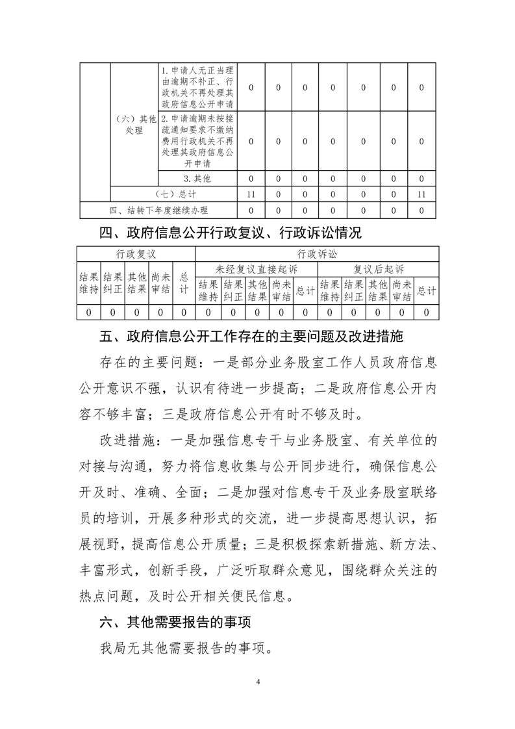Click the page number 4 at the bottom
[258, 682]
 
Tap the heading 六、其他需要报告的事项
[175, 622]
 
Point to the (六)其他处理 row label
[134, 124]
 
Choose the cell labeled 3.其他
[198, 178]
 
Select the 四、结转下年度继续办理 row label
[159, 210]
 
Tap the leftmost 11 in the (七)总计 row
[252, 194]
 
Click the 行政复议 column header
[136, 253]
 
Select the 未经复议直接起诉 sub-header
[257, 268]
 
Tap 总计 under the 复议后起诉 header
[426, 291]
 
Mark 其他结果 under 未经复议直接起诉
[257, 290]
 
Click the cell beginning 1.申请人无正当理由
[198, 87]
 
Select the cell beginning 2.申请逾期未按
[198, 141]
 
